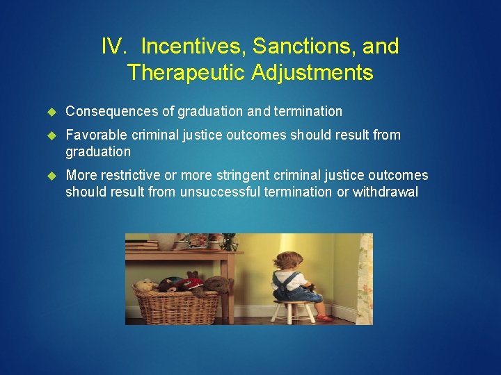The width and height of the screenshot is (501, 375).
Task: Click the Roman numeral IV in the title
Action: [113, 47]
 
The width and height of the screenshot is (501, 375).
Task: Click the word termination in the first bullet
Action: [308, 111]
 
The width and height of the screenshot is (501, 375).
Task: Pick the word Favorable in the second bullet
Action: [93, 135]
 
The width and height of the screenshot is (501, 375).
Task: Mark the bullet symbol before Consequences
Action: [50, 112]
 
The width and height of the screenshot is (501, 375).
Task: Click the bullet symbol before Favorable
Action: [50, 135]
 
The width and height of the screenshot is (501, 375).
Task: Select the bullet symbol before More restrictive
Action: [50, 176]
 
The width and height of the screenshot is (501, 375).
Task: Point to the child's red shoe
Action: [323, 317]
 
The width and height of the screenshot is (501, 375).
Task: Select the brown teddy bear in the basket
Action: [218, 284]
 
